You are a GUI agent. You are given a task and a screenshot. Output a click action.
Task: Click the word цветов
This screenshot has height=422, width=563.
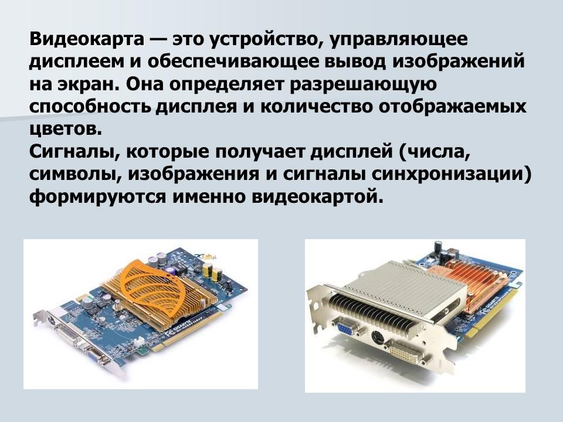click(x=65, y=129)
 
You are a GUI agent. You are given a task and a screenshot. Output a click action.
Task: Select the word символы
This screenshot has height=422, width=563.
click(x=74, y=174)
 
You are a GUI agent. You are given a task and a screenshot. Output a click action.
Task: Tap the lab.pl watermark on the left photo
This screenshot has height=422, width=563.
click(x=207, y=256)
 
